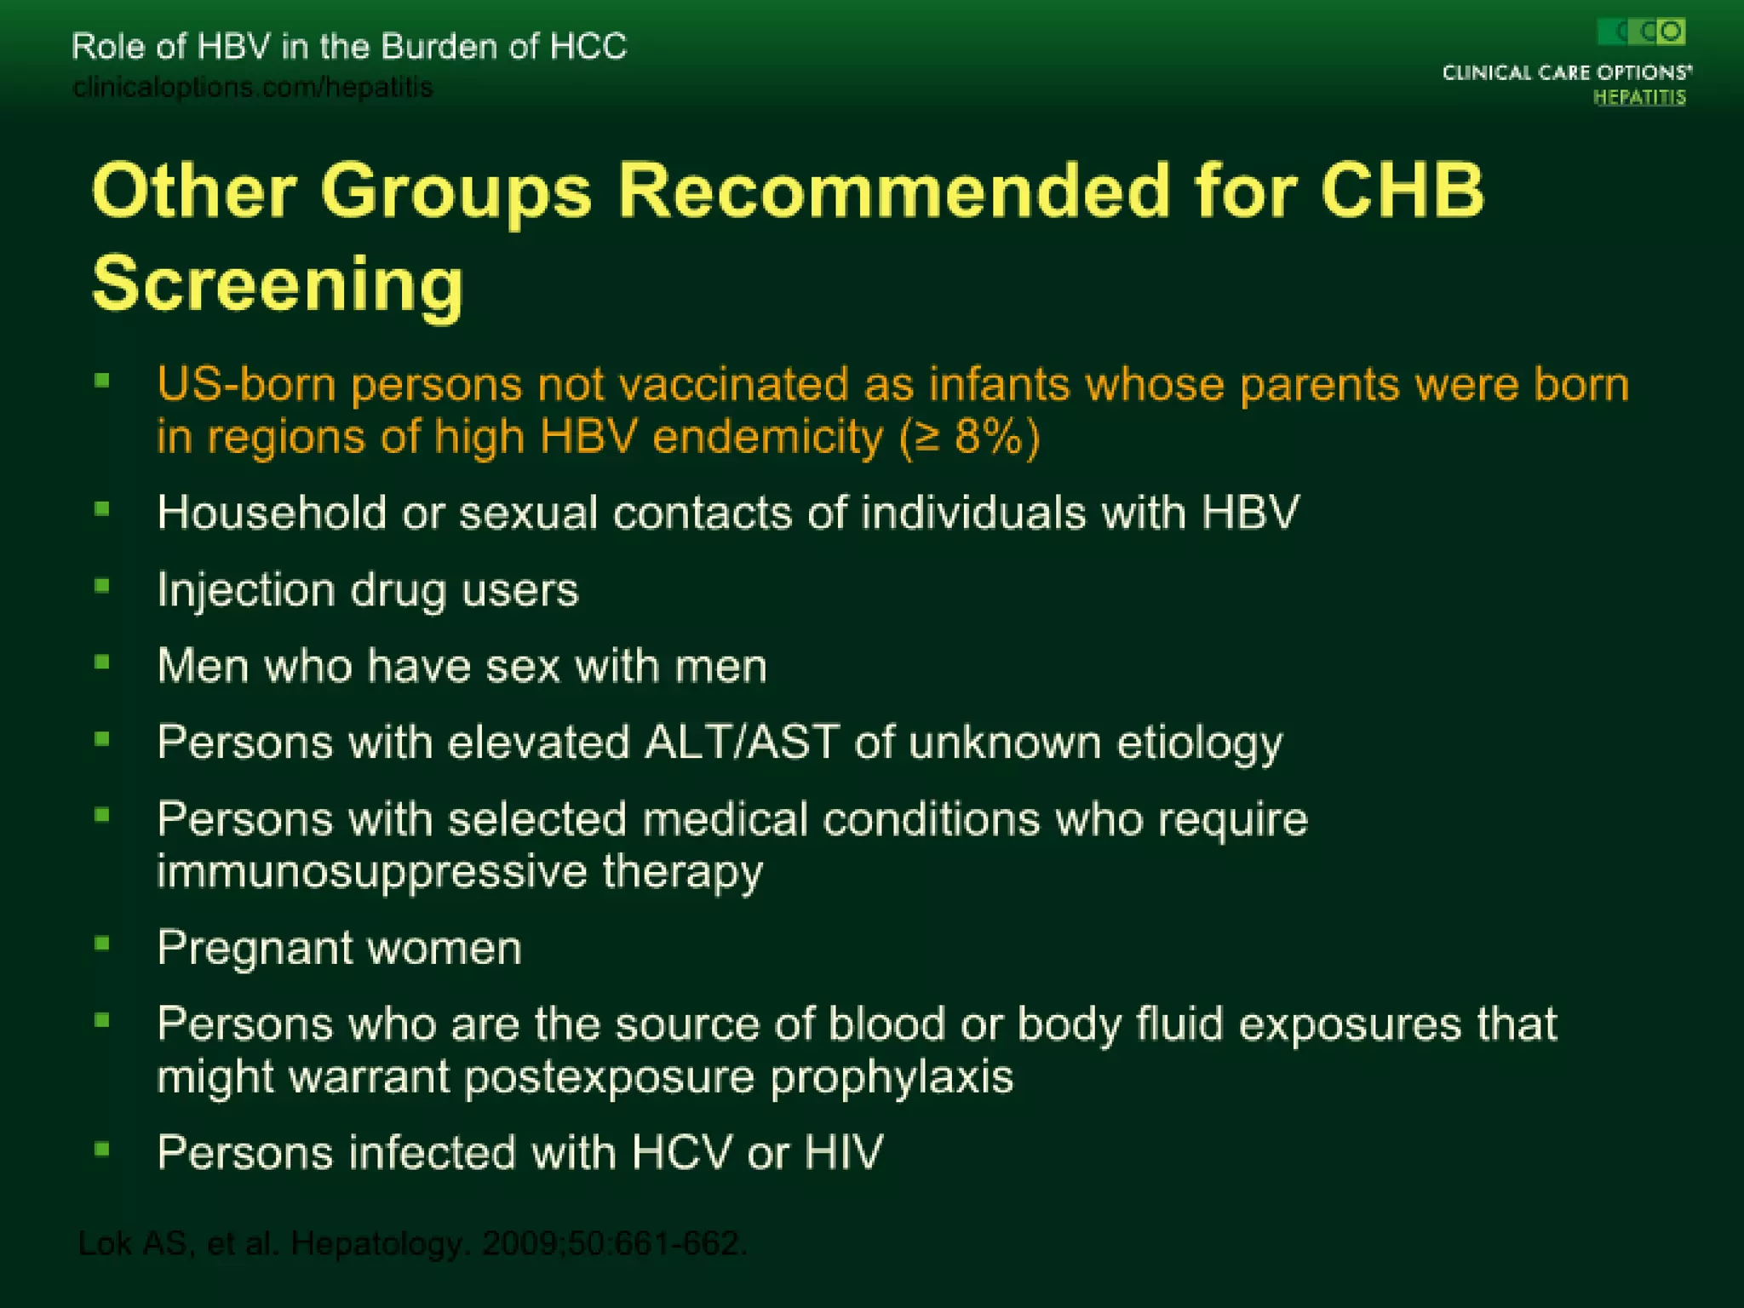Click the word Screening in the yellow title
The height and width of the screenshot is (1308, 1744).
[278, 284]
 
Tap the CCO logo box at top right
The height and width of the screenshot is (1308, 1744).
[1641, 32]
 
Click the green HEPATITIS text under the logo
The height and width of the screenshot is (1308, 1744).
[1639, 97]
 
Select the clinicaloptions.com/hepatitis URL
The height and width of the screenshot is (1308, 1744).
[253, 87]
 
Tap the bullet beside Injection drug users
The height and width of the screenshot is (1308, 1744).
[102, 586]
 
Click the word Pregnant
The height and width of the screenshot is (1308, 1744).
[255, 949]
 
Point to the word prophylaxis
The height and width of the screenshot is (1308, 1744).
[892, 1077]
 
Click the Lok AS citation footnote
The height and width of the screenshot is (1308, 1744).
[412, 1244]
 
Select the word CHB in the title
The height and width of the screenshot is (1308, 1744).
[1403, 191]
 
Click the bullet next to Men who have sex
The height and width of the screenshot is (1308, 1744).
[102, 662]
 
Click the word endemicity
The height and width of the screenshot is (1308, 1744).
[767, 437]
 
